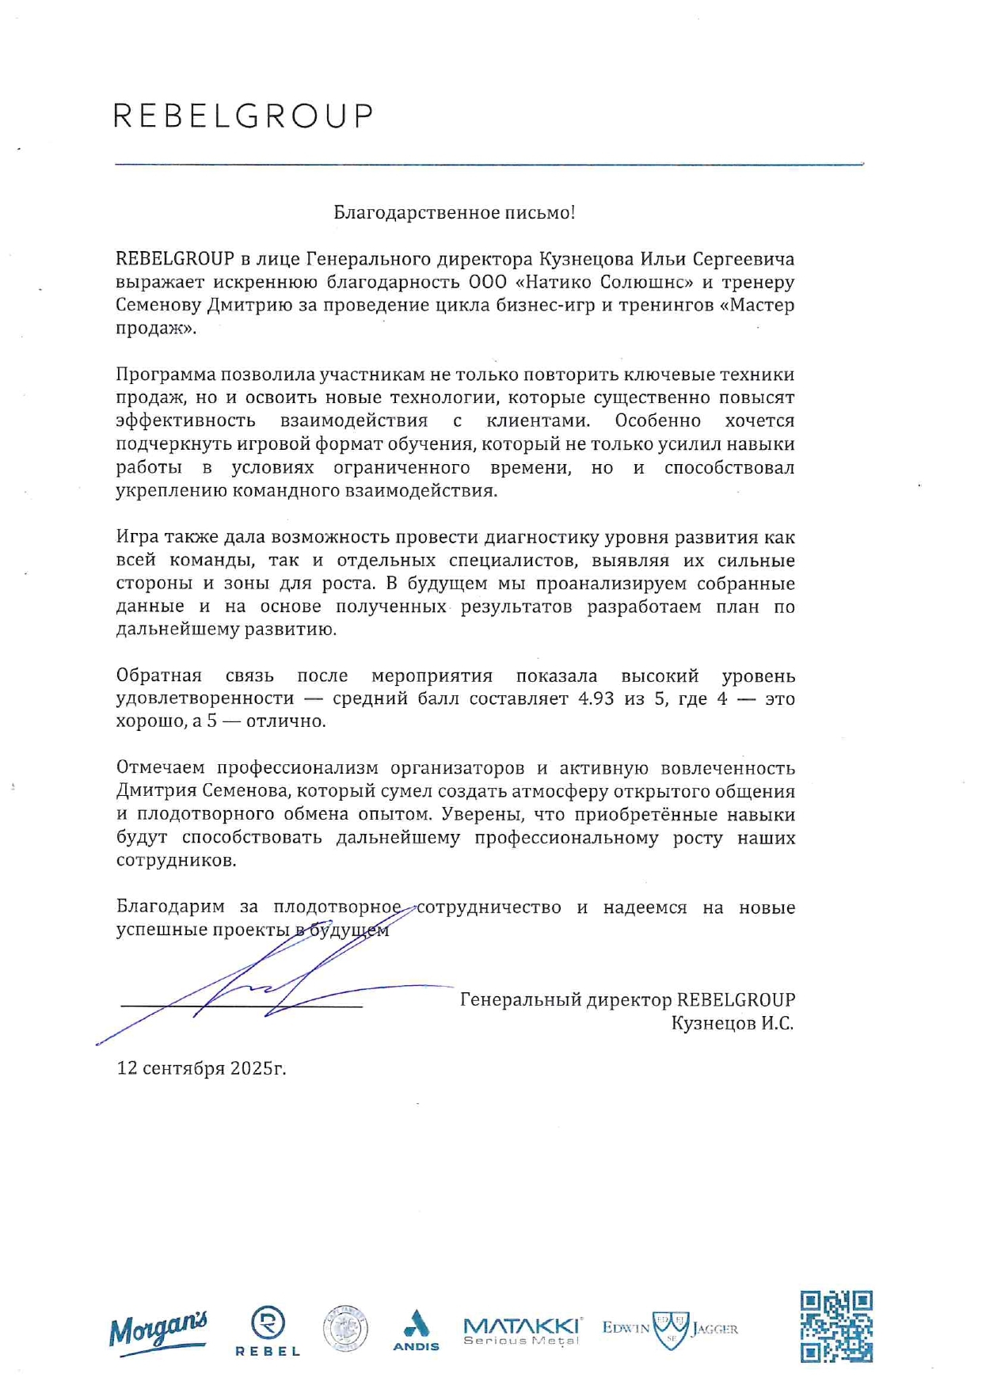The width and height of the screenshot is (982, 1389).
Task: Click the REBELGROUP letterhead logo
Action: click(242, 116)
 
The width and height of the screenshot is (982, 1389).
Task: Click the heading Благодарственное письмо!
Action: click(454, 212)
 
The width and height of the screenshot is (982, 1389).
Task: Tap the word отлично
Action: click(285, 721)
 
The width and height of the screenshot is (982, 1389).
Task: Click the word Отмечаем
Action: click(161, 767)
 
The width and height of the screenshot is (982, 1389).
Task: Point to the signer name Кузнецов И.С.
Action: click(732, 1023)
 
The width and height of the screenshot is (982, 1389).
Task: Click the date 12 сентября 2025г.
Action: click(201, 1068)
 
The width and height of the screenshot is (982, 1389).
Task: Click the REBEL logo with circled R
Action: click(268, 1331)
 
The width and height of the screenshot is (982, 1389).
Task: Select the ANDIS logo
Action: click(416, 1330)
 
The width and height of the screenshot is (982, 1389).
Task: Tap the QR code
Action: click(835, 1326)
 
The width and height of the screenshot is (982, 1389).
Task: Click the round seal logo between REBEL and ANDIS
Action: click(345, 1328)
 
